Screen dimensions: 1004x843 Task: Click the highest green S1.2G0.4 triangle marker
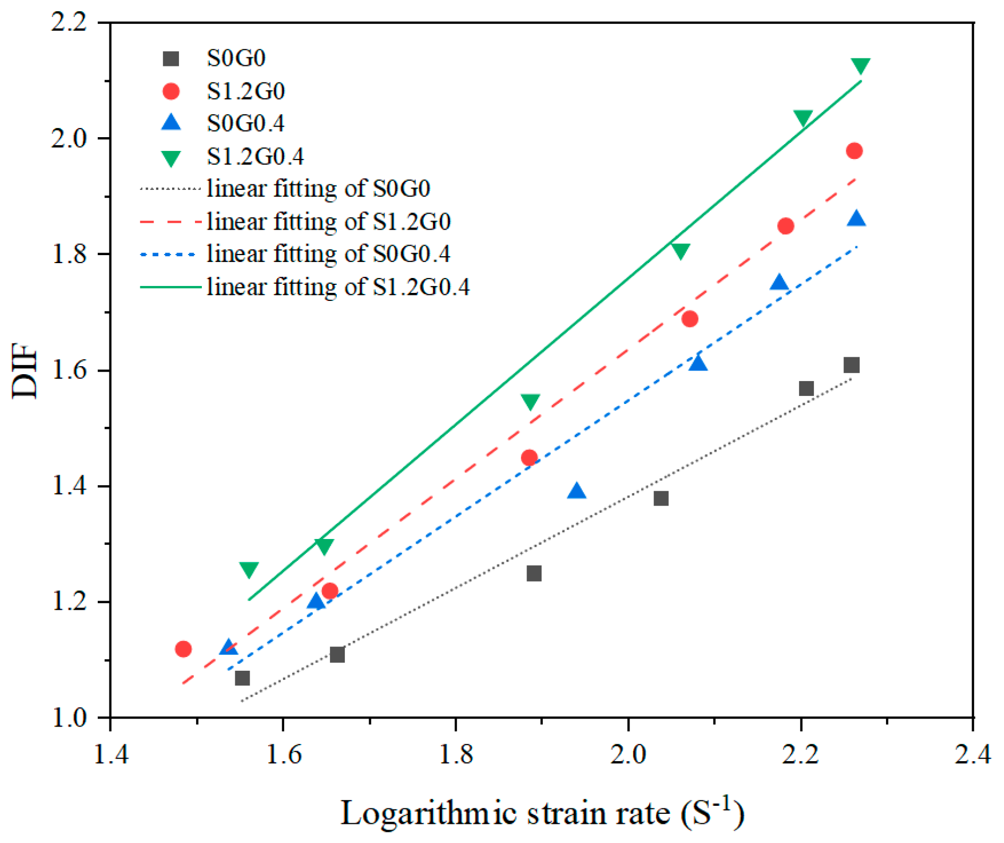click(860, 66)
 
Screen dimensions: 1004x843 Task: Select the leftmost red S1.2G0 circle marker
click(183, 649)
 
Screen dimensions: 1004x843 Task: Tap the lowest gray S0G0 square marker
click(242, 678)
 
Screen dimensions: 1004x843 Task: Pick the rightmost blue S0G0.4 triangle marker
click(856, 218)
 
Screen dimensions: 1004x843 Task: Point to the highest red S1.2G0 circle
click(854, 151)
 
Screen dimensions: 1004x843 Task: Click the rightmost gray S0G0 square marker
click(852, 365)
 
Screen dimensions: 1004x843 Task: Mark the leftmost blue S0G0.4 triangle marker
click(228, 647)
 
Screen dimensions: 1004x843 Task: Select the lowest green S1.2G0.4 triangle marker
click(249, 570)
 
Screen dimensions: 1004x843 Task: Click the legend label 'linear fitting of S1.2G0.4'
click(338, 287)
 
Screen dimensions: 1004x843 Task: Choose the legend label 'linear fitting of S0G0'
click(319, 189)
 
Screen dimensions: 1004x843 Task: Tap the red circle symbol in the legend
click(171, 91)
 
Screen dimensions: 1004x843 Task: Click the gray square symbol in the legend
click(171, 58)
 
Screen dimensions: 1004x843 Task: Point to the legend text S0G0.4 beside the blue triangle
click(246, 123)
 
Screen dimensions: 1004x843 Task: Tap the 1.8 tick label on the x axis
click(456, 754)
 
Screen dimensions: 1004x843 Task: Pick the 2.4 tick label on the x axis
click(973, 754)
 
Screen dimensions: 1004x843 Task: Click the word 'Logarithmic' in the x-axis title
click(429, 813)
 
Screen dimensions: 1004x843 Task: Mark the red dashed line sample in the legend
click(171, 222)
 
